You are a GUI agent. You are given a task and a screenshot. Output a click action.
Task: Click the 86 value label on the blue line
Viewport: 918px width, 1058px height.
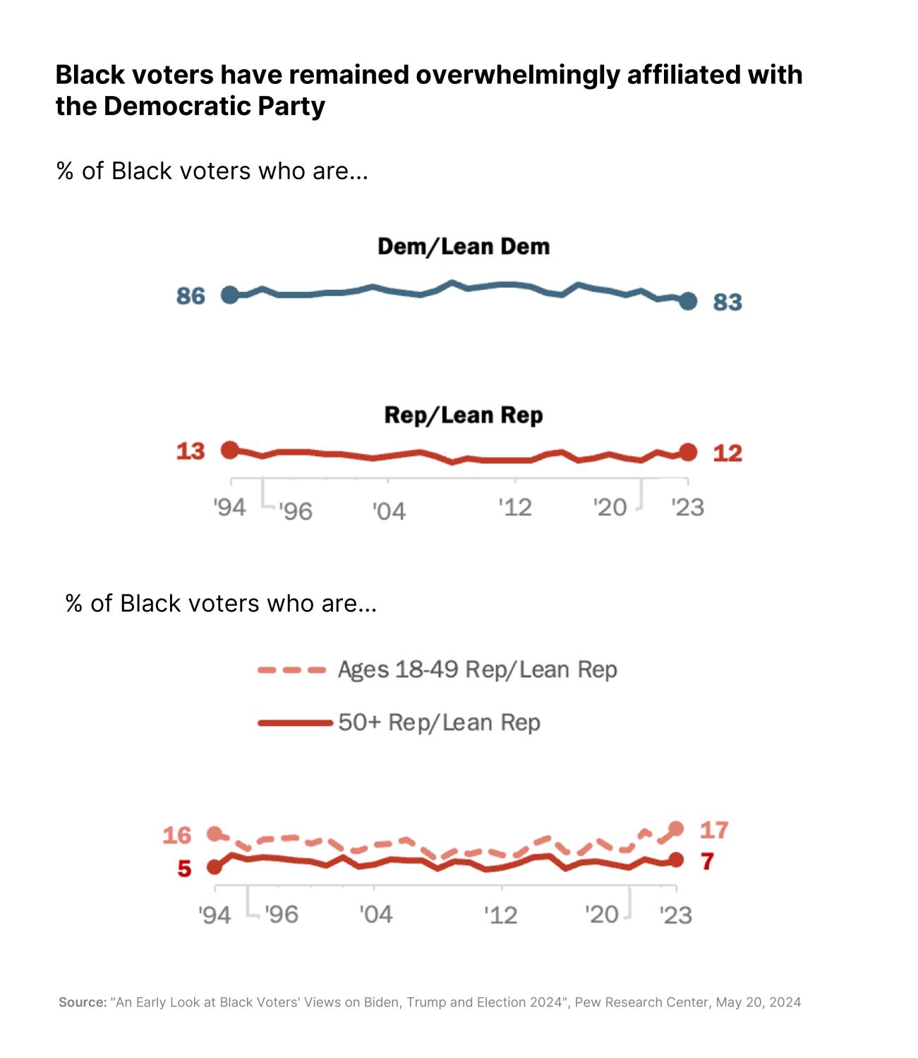point(191,296)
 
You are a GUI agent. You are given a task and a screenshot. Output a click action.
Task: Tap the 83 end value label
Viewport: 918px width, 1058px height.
point(727,302)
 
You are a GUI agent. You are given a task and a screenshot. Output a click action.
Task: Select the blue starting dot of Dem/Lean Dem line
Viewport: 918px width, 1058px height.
point(230,295)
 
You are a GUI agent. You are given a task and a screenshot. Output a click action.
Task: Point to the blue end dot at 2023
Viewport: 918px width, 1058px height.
point(689,301)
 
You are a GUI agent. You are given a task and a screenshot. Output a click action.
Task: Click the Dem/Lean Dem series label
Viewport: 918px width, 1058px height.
point(464,246)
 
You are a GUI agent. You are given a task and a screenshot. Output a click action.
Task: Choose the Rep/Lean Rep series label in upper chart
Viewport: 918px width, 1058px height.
point(464,415)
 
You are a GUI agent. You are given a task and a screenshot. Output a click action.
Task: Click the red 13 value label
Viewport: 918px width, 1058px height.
point(191,451)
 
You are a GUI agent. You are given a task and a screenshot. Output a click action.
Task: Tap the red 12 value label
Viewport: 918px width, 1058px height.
point(727,453)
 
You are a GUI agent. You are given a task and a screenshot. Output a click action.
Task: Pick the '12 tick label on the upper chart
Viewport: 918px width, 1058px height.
point(515,507)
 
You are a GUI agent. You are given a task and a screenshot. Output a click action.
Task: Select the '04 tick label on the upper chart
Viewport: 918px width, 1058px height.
point(389,511)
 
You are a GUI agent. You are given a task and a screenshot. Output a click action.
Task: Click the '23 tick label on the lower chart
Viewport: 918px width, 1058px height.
point(676,915)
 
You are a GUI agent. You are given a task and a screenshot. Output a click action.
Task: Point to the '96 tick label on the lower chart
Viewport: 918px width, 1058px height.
point(282,914)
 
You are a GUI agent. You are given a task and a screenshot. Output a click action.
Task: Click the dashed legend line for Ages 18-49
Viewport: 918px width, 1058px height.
point(292,669)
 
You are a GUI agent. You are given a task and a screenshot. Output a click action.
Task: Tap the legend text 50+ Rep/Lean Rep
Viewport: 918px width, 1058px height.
point(439,722)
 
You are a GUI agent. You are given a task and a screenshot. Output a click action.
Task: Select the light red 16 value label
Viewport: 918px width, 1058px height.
point(177,835)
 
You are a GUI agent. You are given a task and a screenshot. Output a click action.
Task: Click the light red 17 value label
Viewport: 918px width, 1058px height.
point(714,830)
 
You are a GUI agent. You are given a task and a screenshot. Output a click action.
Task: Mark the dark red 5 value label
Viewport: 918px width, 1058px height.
point(184,868)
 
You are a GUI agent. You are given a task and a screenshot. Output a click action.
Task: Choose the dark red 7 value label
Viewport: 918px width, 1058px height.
point(708,861)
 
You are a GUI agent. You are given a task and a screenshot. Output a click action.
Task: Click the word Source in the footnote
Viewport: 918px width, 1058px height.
point(82,1002)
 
